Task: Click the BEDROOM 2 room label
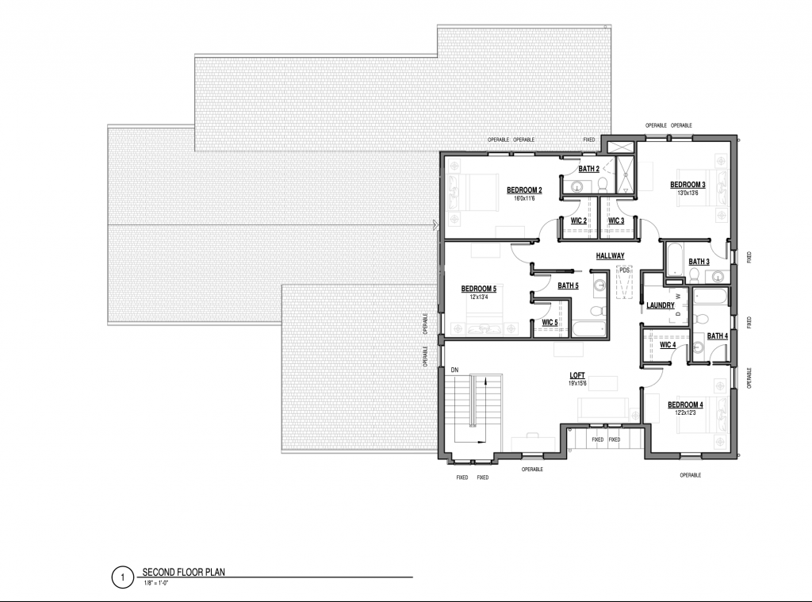tap(524, 190)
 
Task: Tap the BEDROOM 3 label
tap(688, 185)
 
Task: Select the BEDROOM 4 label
tap(685, 405)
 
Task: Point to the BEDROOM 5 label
tap(478, 289)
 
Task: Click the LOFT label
tap(577, 376)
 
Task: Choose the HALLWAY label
tap(610, 256)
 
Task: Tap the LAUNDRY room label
tap(661, 305)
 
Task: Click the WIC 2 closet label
tap(578, 221)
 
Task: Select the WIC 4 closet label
tap(668, 345)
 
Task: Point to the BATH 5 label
tap(568, 286)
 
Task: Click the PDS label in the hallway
tap(625, 270)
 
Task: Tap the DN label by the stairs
tap(454, 370)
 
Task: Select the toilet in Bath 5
tap(597, 311)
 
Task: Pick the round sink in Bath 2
tap(576, 186)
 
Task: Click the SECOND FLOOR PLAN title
tap(183, 573)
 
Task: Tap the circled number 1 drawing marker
tap(123, 577)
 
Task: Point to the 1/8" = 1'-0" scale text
tap(157, 584)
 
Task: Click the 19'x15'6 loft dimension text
tap(577, 383)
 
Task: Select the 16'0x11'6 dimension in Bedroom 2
tap(524, 198)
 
